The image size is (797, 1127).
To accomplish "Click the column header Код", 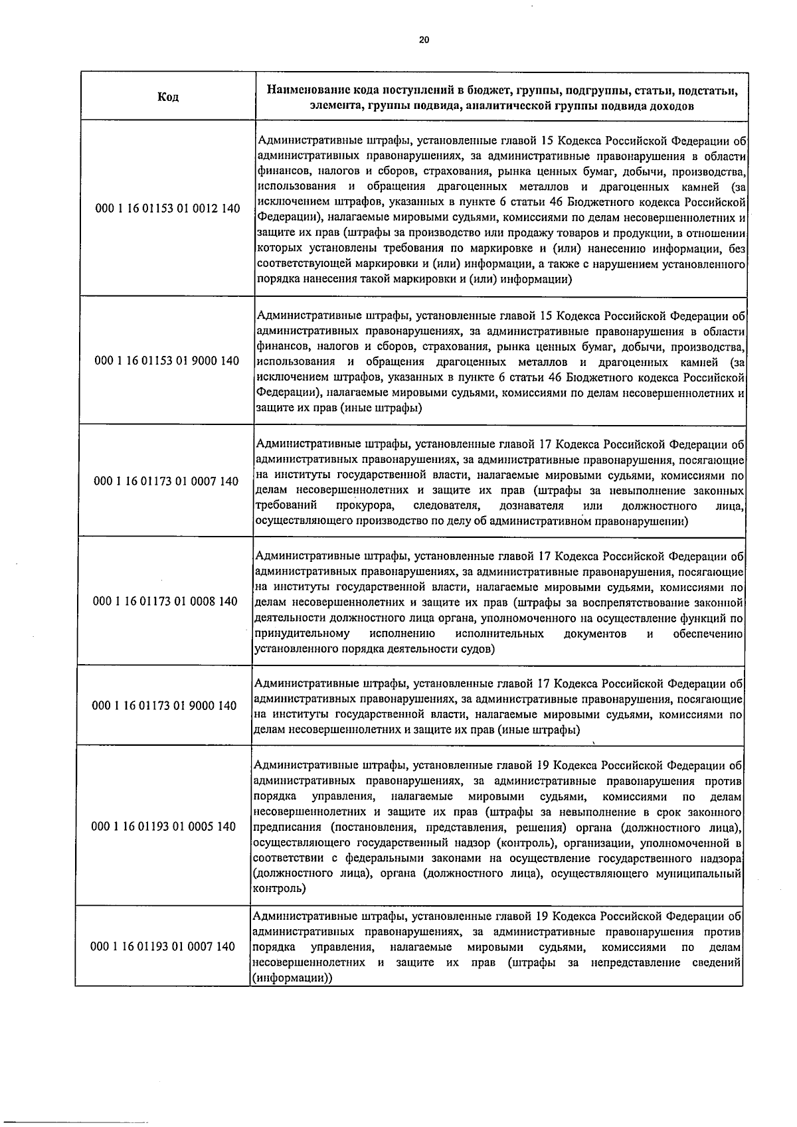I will (168, 97).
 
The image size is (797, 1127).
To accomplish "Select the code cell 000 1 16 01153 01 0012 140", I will (168, 209).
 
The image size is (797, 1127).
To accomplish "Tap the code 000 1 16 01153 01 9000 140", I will (167, 361).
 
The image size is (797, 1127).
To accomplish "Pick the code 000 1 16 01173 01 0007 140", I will (167, 481).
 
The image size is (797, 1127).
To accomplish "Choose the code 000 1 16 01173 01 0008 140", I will (165, 602).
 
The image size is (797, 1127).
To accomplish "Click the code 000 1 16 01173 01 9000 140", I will (164, 706).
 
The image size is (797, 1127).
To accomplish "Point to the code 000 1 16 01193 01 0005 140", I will (163, 827).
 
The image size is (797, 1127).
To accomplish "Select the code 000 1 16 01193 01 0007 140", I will (162, 946).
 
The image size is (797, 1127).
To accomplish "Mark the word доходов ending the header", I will (672, 106).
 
